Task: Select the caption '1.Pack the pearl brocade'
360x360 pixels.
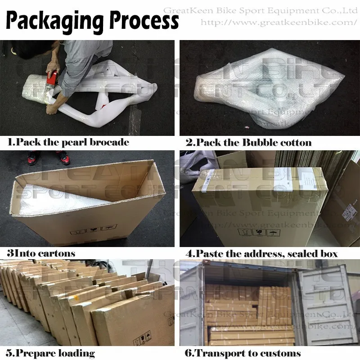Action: tap(68, 143)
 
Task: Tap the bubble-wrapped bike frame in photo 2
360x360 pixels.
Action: tap(265, 90)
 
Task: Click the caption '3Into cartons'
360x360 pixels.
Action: tap(41, 253)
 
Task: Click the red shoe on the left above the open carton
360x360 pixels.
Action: tap(32, 157)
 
